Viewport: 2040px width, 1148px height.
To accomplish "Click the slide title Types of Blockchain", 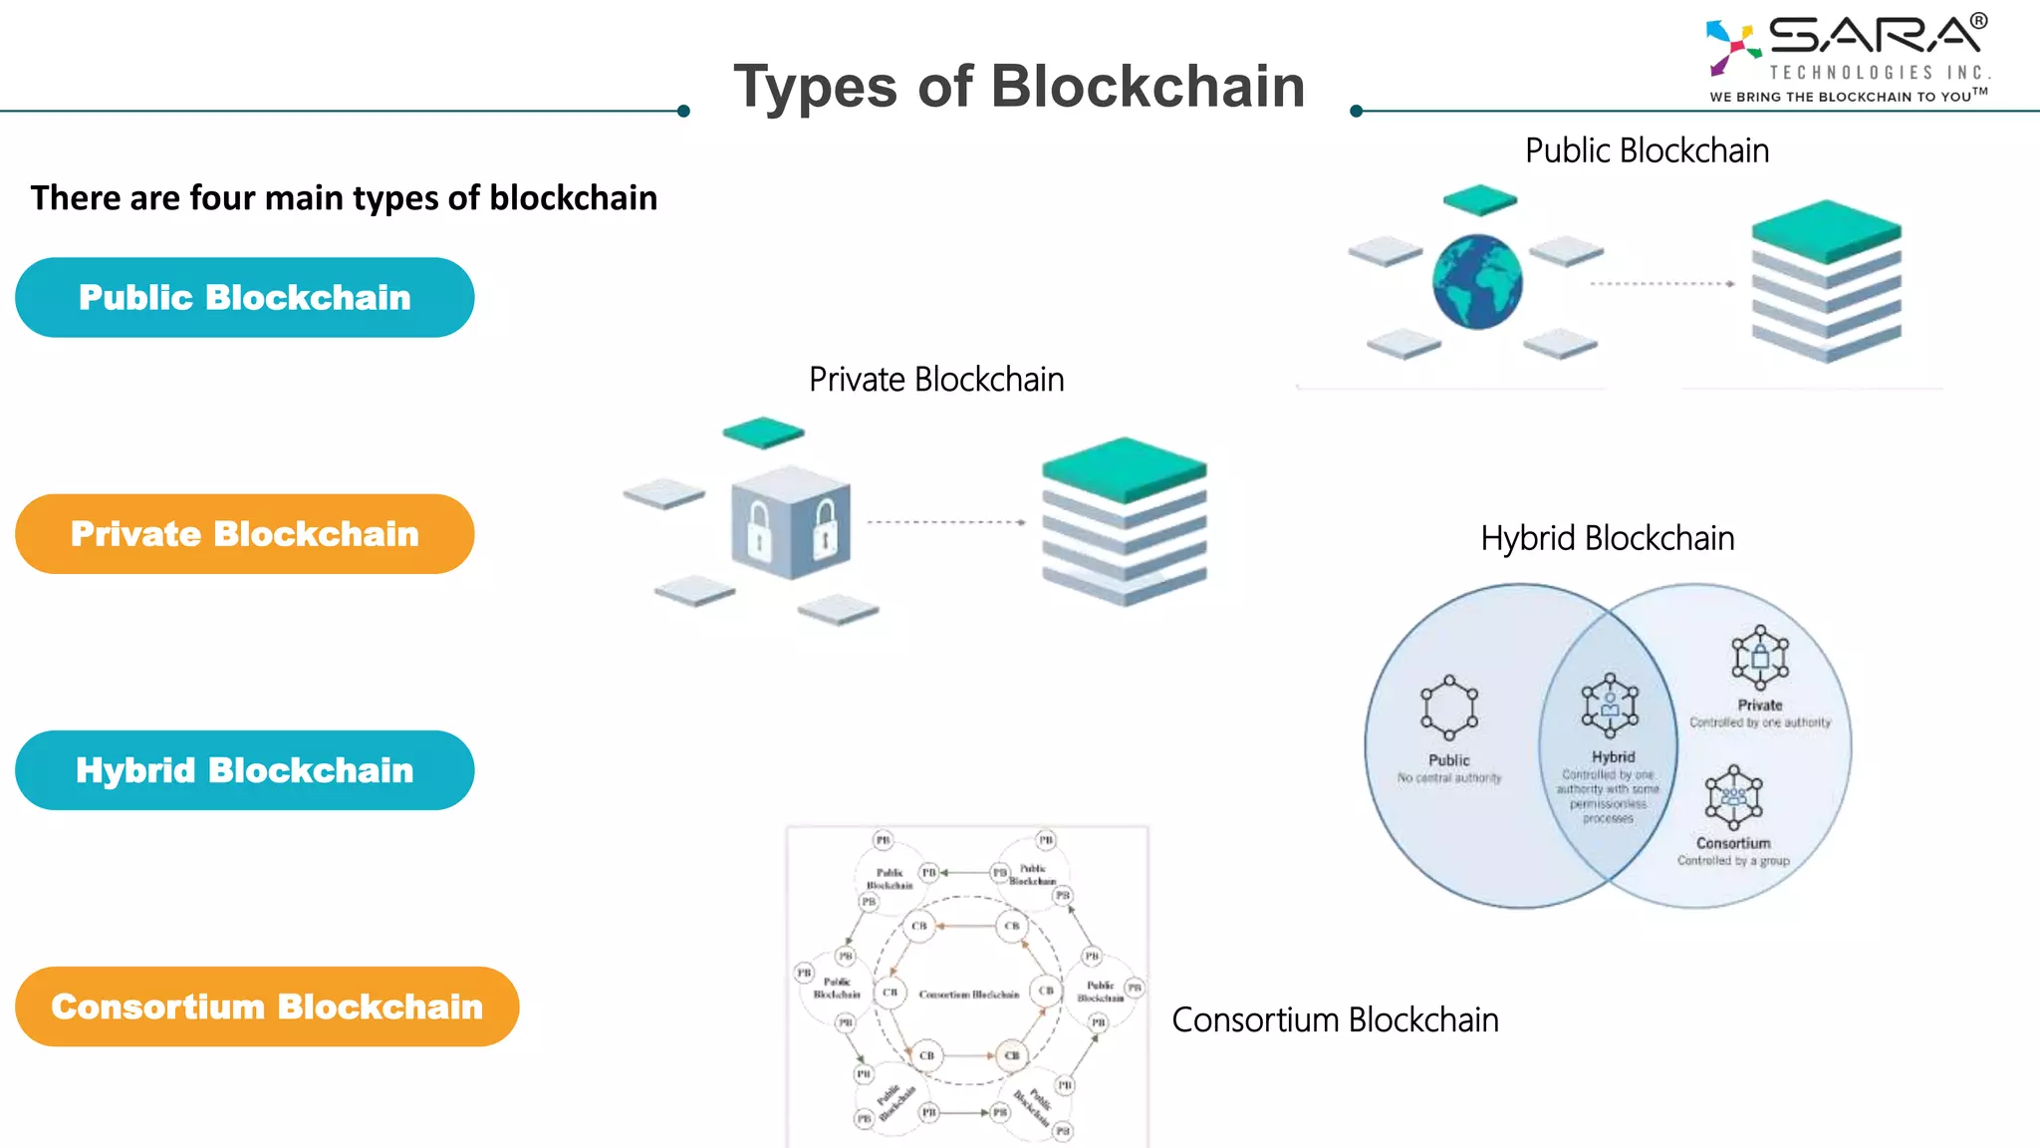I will coord(1019,87).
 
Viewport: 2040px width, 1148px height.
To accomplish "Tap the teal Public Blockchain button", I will coord(244,298).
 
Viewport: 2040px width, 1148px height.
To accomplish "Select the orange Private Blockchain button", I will coord(244,534).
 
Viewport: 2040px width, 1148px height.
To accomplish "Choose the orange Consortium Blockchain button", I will coord(267,1006).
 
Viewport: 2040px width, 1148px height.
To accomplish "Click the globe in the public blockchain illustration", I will coord(1477,282).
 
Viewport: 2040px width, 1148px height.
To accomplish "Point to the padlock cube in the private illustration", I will coord(792,523).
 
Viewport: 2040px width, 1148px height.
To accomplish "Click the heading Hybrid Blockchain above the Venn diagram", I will coord(1607,538).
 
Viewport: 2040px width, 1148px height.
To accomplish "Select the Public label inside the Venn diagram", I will coord(1448,760).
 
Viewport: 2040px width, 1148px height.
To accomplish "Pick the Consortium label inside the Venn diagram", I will coord(1733,843).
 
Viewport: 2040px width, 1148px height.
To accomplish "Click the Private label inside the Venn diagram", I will coord(1760,705).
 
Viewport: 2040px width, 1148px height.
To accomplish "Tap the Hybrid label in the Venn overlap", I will coord(1613,757).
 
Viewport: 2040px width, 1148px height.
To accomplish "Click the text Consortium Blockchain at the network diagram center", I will coord(968,995).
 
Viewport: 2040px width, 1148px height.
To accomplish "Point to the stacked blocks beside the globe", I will coord(1826,282).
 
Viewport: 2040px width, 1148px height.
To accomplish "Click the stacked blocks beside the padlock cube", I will coord(1124,521).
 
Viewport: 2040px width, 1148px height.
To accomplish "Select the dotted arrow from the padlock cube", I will coord(945,522).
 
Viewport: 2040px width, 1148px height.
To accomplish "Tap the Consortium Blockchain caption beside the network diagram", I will coord(1335,1020).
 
